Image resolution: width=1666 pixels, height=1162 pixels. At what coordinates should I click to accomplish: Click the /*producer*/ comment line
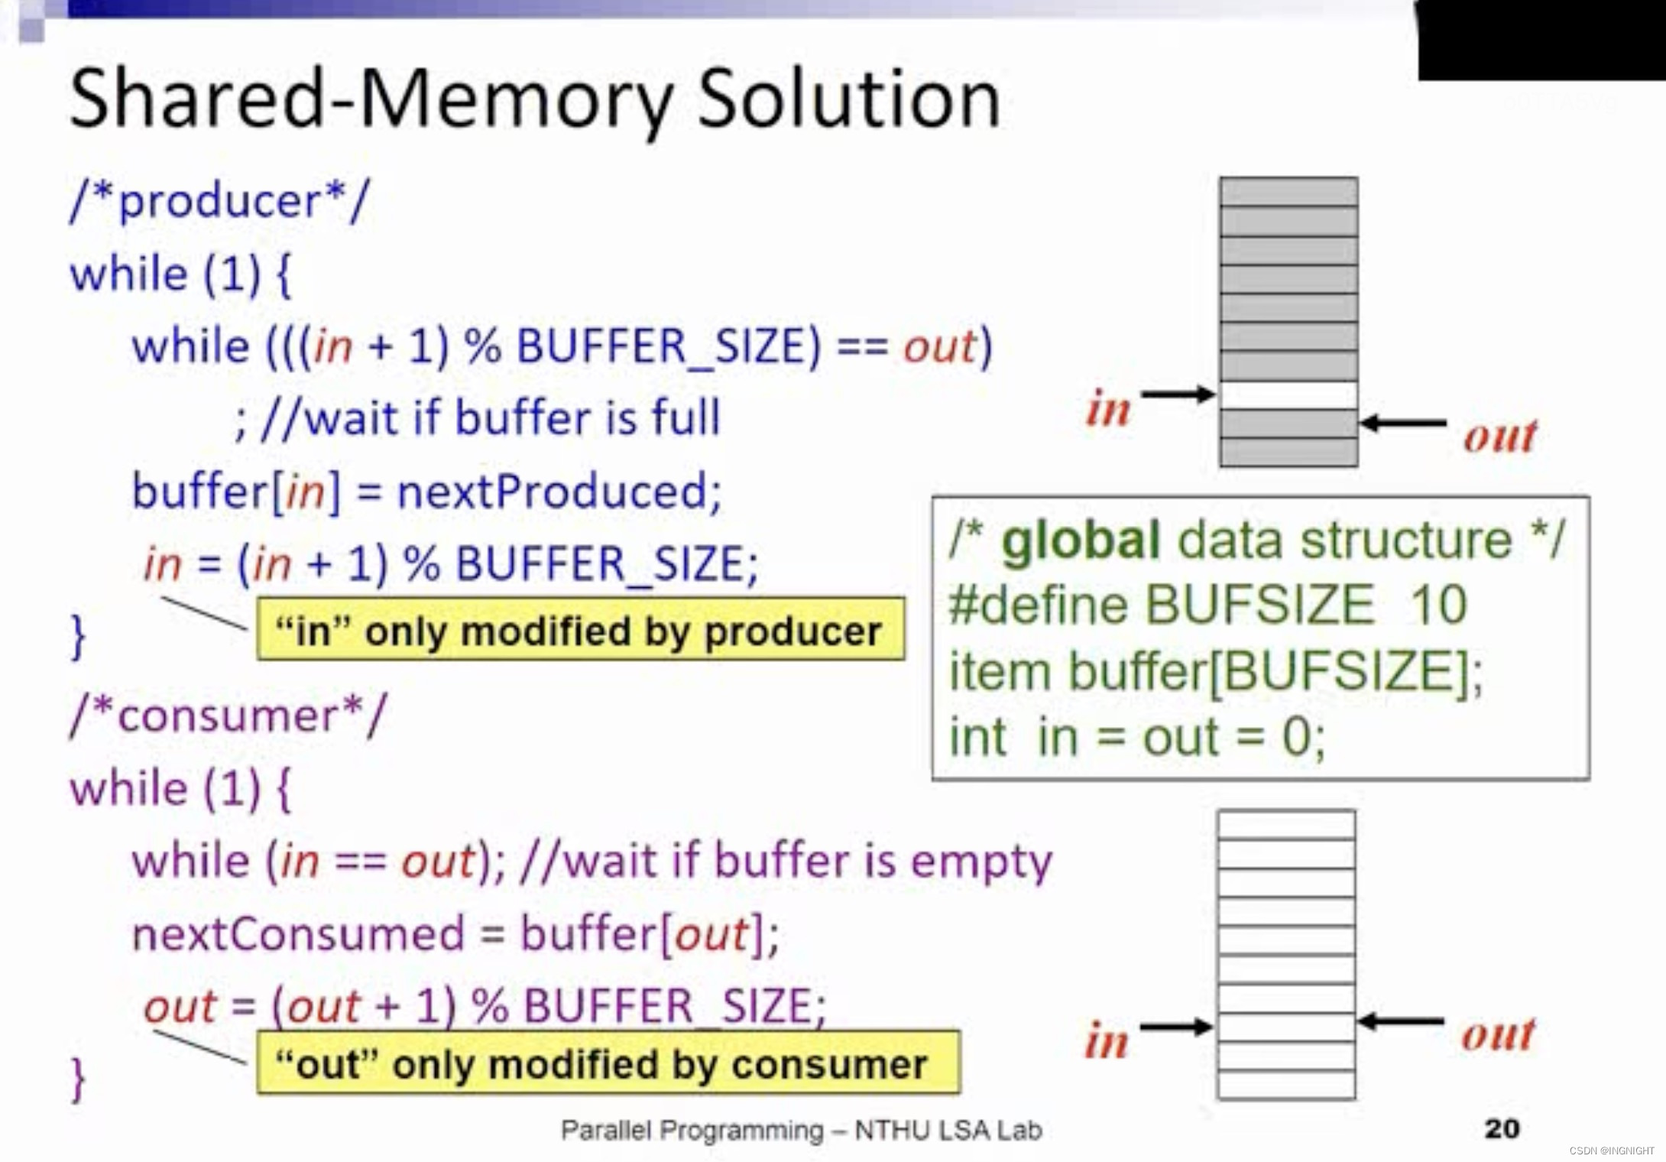[219, 202]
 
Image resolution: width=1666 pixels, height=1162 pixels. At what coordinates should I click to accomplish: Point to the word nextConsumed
[298, 934]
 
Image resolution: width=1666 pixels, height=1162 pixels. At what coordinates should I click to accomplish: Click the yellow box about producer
[581, 630]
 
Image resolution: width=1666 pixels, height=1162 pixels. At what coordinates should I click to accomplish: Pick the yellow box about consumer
[608, 1063]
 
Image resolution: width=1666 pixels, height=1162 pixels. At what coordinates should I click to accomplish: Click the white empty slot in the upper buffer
[1288, 395]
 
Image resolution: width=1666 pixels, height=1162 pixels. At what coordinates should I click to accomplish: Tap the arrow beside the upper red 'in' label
[1178, 394]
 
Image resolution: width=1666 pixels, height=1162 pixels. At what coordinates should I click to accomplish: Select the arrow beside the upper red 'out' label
[1403, 423]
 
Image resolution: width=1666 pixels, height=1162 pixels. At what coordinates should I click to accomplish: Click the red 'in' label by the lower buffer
[1107, 1041]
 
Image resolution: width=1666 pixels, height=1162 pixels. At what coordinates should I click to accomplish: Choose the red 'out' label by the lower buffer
[1499, 1034]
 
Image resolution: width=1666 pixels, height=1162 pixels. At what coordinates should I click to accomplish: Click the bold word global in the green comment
[1081, 540]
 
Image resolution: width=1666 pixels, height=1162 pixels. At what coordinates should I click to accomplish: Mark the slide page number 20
[1502, 1128]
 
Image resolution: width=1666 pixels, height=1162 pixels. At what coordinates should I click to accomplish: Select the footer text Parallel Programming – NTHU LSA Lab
[801, 1130]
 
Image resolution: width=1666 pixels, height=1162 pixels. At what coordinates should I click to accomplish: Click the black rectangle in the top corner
[1541, 38]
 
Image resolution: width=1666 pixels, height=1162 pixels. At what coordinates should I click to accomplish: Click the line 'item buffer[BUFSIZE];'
[1215, 671]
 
